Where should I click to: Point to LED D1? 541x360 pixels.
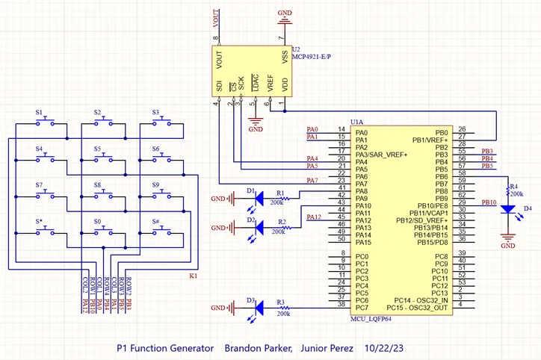259,199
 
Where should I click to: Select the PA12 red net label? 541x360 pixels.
314,217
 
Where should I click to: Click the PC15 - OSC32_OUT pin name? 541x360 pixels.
420,308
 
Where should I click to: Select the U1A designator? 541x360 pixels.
357,122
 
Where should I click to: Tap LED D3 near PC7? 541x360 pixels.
259,308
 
